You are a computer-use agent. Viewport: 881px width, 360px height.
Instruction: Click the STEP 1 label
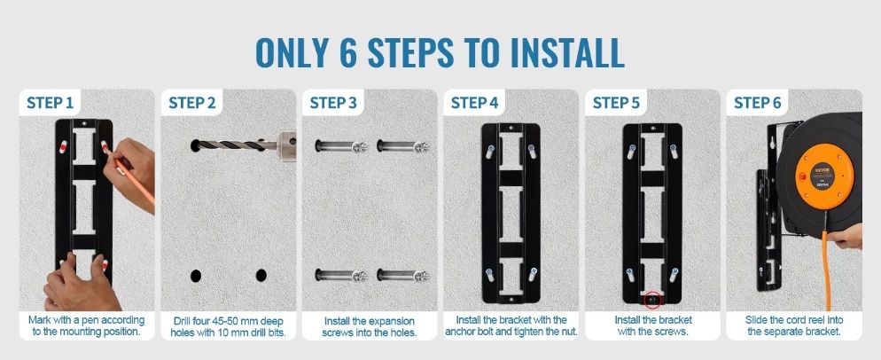[x=50, y=104]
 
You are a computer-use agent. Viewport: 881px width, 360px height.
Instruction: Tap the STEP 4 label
[x=474, y=104]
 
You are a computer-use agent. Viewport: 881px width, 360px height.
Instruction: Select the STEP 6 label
[x=758, y=104]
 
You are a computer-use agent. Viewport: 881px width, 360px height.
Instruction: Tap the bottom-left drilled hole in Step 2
[x=196, y=276]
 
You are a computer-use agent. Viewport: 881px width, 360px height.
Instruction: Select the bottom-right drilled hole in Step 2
[x=261, y=276]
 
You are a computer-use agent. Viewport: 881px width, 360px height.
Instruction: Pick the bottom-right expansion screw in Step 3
[x=403, y=276]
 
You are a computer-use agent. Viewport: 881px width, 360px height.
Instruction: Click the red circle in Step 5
[x=652, y=301]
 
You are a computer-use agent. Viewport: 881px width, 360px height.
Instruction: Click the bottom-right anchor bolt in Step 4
[x=532, y=275]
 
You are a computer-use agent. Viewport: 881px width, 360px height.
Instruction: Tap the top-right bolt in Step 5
[x=674, y=151]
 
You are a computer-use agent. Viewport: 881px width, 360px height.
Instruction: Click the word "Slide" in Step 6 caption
[x=758, y=320]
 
